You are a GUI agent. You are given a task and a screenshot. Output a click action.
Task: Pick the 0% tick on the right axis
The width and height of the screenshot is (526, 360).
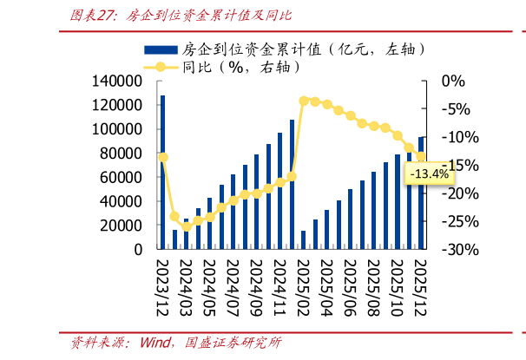(x=453, y=81)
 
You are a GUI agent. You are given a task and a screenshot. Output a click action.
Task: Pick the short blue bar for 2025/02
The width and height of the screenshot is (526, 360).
(x=304, y=239)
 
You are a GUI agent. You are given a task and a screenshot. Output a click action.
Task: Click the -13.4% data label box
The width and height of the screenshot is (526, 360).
(x=428, y=174)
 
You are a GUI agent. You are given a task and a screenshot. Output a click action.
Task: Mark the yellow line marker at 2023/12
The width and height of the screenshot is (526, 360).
(x=163, y=157)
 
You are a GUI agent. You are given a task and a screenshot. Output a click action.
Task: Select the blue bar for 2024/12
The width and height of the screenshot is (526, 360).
(x=292, y=184)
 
